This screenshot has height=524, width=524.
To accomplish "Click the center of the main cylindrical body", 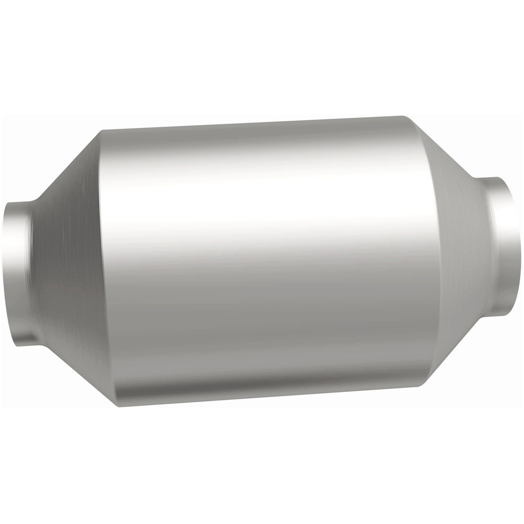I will (267, 259).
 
